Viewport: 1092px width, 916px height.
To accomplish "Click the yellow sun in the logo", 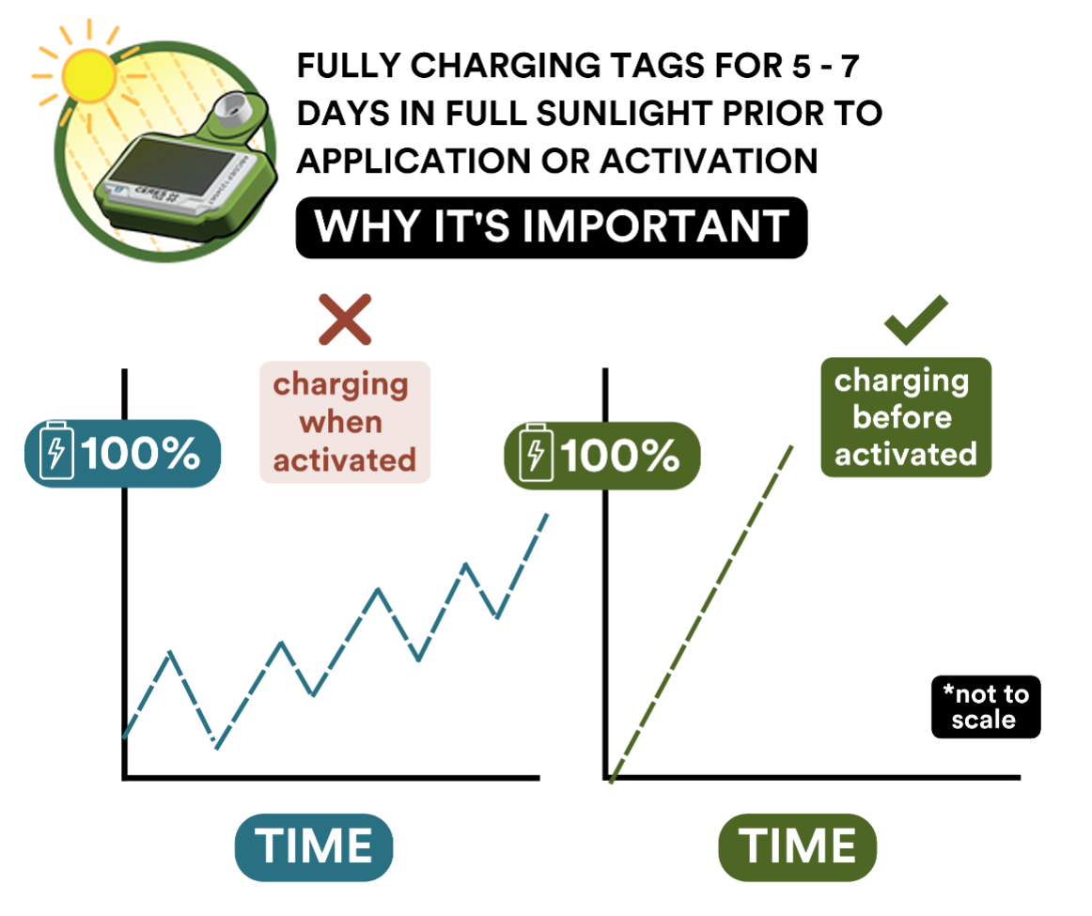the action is pos(88,74).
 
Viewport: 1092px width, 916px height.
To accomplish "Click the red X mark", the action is pos(345,319).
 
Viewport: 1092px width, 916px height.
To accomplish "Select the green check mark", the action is pos(916,319).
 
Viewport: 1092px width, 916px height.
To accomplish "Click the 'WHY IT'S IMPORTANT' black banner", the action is pos(552,227).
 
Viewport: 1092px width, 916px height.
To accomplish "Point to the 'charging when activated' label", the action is pos(345,422).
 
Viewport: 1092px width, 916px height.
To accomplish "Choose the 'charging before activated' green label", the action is pos(906,418).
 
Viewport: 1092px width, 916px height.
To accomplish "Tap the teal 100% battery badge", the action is pos(122,453).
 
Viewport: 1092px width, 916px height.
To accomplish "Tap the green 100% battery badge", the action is pos(602,456).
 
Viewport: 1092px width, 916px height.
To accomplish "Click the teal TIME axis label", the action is pos(314,847).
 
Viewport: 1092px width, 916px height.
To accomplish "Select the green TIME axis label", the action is pos(798,847).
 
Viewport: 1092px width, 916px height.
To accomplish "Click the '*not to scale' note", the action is pos(986,706).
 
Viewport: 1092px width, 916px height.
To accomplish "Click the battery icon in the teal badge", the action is pos(56,450).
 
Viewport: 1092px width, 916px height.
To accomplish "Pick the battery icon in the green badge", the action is pos(537,453).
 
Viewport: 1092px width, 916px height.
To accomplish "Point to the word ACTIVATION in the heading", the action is pos(709,162).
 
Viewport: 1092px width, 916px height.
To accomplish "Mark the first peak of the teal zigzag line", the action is pos(170,652).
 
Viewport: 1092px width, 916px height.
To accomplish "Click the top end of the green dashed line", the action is pos(792,447).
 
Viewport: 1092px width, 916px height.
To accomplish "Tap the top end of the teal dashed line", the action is pos(547,515).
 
